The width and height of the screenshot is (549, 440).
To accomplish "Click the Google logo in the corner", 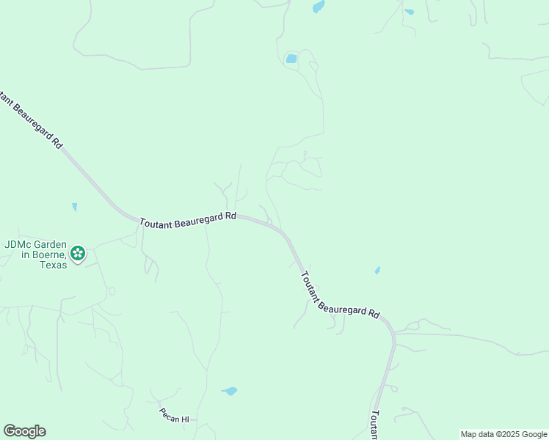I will [x=24, y=431].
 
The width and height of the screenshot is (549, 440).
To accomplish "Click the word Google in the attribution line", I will [x=535, y=434].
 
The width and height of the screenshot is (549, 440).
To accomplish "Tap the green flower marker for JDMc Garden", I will [x=78, y=254].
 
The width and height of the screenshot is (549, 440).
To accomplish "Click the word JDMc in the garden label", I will [x=18, y=245].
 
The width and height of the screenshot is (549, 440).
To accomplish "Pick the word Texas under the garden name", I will [x=54, y=264].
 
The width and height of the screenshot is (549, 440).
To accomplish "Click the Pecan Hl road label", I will [x=175, y=419].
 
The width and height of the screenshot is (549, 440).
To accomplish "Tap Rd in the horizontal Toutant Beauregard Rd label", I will [x=231, y=216].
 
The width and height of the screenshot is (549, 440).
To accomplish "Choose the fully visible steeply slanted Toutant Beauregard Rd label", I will [x=340, y=295].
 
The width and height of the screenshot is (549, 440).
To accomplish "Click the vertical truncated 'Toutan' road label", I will [x=374, y=425].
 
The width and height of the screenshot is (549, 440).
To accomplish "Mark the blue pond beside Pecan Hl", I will [x=230, y=391].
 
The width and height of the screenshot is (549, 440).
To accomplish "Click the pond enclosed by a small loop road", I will [x=291, y=59].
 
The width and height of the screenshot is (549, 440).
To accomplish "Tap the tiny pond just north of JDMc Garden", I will [x=74, y=207].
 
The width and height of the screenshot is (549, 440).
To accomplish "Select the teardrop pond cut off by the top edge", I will [x=318, y=7].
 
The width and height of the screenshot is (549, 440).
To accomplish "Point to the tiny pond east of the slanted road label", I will [x=377, y=271].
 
